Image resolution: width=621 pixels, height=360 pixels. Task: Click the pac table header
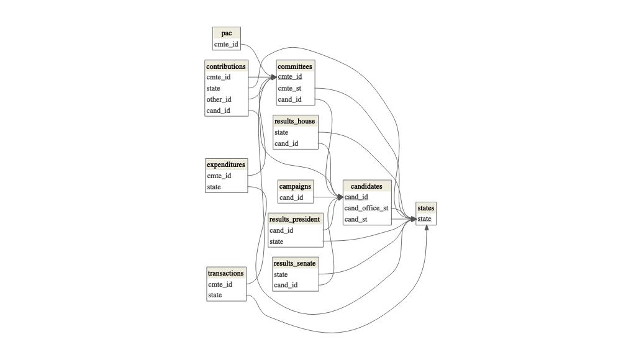pos(226,33)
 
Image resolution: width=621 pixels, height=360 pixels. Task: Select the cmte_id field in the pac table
pos(226,45)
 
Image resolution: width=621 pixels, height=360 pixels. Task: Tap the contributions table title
pos(226,66)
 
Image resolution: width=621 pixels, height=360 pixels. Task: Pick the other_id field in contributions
pos(219,99)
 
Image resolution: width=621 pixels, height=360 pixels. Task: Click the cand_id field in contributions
pos(219,110)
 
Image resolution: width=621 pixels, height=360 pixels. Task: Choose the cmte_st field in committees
pos(289,88)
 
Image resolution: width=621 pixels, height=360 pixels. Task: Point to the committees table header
pos(295,66)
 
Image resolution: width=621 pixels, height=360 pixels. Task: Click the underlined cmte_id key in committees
pos(290,77)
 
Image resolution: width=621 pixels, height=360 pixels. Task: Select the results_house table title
pos(295,121)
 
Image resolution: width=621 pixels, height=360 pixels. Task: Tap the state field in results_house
pos(281,132)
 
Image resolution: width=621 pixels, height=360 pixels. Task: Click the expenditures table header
pos(226,164)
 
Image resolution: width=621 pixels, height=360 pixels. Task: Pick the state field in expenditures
pos(214,187)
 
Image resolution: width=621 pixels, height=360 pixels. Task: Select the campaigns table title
pos(295,186)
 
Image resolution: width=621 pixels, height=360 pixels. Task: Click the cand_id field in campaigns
pos(291,197)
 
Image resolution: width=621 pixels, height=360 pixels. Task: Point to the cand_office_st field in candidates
pos(366,208)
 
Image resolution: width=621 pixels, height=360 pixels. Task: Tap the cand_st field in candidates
pos(356,219)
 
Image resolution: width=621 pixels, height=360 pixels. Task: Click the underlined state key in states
pos(424,218)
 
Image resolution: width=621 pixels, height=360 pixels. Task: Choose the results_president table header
pos(295,219)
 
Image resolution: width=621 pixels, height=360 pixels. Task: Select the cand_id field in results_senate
pos(286,285)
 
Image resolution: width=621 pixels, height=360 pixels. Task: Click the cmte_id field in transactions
pos(220,284)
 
